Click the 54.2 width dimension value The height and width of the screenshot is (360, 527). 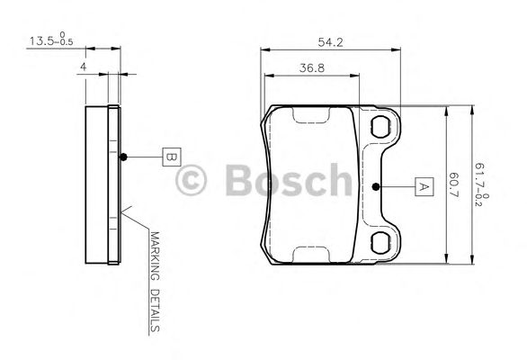tap(330, 42)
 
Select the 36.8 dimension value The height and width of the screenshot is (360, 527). tap(312, 68)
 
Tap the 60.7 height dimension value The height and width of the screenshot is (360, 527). tap(454, 184)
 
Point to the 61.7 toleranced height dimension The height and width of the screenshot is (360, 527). tap(481, 184)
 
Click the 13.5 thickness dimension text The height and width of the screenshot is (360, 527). tap(51, 40)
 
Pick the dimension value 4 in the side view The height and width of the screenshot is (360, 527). tap(83, 67)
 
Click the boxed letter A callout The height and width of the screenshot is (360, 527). tap(424, 186)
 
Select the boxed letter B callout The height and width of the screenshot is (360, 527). tap(172, 157)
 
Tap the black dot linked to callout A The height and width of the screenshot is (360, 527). tap(376, 186)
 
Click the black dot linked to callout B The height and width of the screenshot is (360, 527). tap(124, 157)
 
